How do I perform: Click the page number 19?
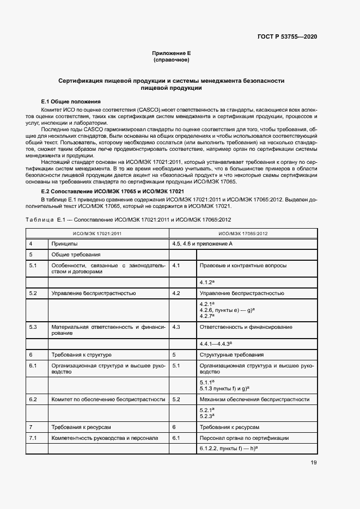click(313, 463)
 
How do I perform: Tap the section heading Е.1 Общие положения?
click(71, 102)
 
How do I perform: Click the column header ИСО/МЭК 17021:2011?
click(97, 234)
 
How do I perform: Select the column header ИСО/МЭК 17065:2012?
click(242, 234)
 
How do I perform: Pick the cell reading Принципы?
click(64, 244)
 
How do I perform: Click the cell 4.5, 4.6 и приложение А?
click(202, 244)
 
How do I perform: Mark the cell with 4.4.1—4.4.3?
click(216, 344)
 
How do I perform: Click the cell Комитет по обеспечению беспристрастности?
click(108, 399)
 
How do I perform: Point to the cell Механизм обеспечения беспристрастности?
click(254, 399)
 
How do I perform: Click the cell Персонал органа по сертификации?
click(244, 438)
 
